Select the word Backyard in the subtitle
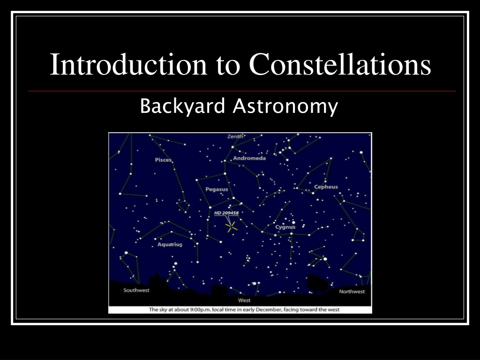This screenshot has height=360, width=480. (182, 106)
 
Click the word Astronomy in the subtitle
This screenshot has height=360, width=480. (285, 106)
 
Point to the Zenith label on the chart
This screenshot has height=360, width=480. (235, 136)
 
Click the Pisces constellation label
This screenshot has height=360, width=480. (163, 160)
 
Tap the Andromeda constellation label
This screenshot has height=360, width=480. (249, 158)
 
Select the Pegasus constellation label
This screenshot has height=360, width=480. (217, 189)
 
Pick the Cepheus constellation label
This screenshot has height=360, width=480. (326, 187)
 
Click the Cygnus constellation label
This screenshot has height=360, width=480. (285, 227)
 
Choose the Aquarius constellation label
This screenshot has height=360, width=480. (170, 244)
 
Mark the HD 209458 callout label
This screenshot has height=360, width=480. (226, 213)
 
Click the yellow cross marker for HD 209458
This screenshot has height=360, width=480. (232, 227)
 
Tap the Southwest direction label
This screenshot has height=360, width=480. (136, 290)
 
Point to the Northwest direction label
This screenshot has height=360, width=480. (352, 292)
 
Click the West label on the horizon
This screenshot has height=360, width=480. (244, 300)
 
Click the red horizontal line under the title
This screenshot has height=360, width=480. (242, 91)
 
